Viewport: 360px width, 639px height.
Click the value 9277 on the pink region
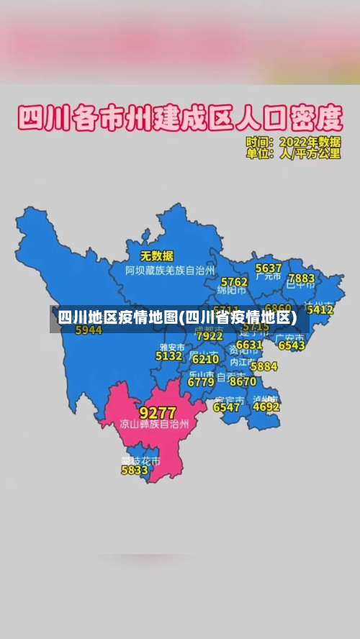click(x=157, y=412)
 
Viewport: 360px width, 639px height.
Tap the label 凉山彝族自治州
click(x=154, y=425)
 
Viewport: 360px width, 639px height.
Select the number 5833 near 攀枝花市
click(x=135, y=470)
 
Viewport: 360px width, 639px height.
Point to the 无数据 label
click(x=156, y=255)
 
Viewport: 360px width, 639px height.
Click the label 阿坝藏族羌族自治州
click(x=170, y=271)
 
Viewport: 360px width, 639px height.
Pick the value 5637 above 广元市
click(x=269, y=268)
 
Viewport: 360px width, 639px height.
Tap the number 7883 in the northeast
click(x=301, y=278)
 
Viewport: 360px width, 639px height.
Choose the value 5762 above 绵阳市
click(x=234, y=281)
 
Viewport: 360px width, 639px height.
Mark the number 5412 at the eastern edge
click(x=320, y=309)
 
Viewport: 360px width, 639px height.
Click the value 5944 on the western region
click(x=89, y=330)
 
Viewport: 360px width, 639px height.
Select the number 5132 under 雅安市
click(x=169, y=355)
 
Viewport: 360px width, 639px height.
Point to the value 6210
click(x=205, y=359)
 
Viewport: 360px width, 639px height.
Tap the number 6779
click(x=201, y=382)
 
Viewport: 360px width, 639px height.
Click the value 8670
click(x=243, y=381)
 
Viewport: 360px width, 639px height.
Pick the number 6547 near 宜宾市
click(x=227, y=407)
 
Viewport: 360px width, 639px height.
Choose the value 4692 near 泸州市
click(x=266, y=406)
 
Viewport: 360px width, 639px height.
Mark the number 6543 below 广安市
click(x=292, y=345)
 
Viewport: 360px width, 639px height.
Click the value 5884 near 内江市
click(x=264, y=366)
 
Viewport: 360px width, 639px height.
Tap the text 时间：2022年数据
click(x=293, y=141)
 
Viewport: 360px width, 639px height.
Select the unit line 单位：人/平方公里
click(x=293, y=153)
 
